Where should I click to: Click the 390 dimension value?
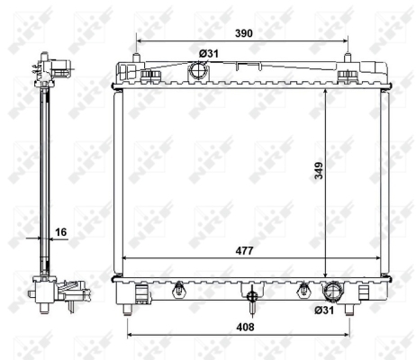pyautogui.click(x=244, y=33)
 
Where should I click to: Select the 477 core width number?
pyautogui.click(x=244, y=250)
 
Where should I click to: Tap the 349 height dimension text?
pyautogui.click(x=319, y=170)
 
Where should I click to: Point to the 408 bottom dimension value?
pyautogui.click(x=245, y=327)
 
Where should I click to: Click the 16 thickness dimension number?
pyautogui.click(x=61, y=232)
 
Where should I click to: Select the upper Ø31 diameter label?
pyautogui.click(x=209, y=54)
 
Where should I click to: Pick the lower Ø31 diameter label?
pyautogui.click(x=324, y=310)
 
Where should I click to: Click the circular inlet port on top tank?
pyautogui.click(x=197, y=71)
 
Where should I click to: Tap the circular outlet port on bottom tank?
pyautogui.click(x=331, y=292)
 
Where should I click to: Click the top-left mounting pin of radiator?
pyautogui.click(x=137, y=58)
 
